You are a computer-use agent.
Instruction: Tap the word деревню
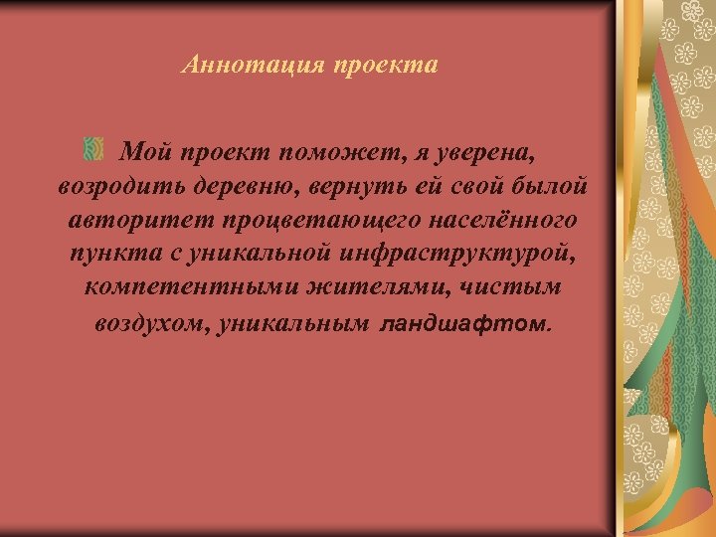pyautogui.click(x=246, y=186)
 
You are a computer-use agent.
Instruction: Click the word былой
pyautogui.click(x=551, y=186)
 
